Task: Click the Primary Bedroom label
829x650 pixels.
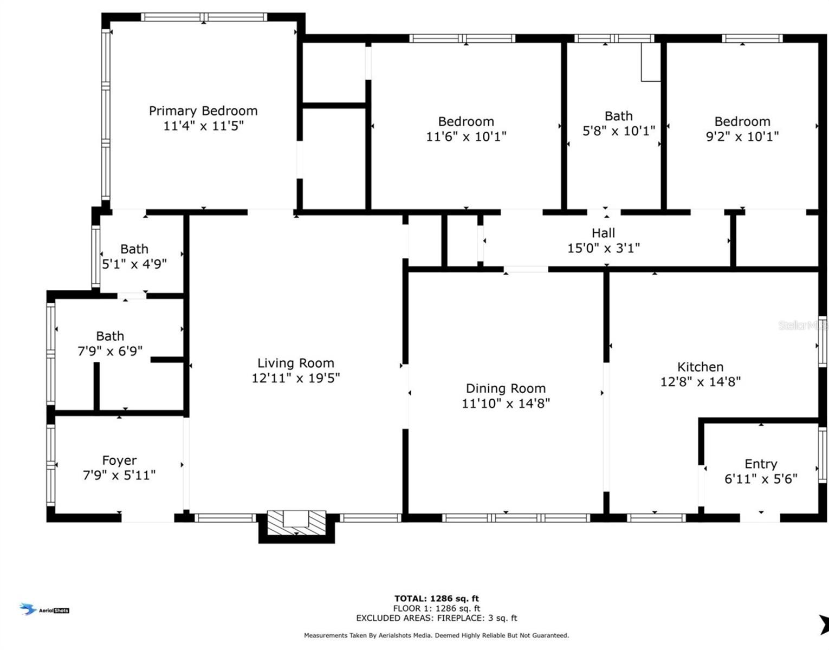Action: coord(203,111)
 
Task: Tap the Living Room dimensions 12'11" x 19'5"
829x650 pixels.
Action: coord(295,378)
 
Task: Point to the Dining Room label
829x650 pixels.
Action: coord(506,388)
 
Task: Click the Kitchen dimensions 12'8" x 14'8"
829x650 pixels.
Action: coord(700,381)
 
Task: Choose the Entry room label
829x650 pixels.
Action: coord(761,464)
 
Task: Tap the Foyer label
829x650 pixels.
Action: coord(119,460)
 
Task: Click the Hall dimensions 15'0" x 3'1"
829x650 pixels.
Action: coord(603,248)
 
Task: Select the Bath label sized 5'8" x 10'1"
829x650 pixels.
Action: coord(618,116)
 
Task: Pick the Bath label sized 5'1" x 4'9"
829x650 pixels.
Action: coord(134,249)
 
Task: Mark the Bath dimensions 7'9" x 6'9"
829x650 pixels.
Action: coord(110,351)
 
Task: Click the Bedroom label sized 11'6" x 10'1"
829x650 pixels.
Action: coord(466,121)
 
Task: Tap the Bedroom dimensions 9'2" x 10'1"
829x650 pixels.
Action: coord(742,136)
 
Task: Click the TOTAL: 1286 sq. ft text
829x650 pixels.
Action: coord(436,599)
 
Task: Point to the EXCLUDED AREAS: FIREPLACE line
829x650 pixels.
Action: coord(436,618)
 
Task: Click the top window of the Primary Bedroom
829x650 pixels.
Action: coord(204,17)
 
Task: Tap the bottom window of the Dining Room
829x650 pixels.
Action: coord(516,518)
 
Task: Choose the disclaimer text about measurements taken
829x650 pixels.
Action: coord(436,635)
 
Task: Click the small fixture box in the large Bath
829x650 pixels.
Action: coord(651,62)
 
